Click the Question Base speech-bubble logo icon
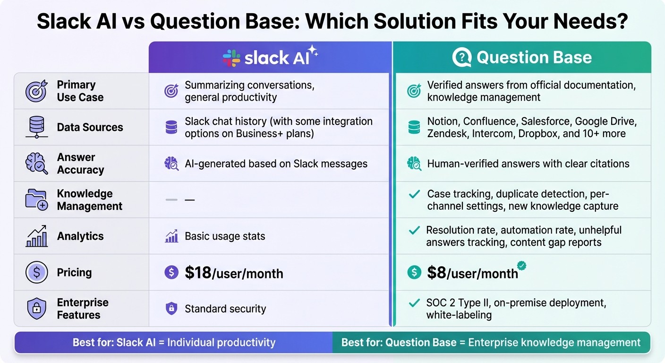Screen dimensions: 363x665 click(x=461, y=58)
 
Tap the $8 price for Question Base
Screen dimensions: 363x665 click(x=436, y=272)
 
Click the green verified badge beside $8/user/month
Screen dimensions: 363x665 click(x=521, y=265)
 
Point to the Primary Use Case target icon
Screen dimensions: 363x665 click(x=36, y=91)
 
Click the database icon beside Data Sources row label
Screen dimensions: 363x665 click(x=36, y=127)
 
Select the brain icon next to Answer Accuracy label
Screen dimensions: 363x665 click(x=36, y=164)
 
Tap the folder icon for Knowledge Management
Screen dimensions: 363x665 click(x=36, y=200)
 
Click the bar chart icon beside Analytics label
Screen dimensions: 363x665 click(x=36, y=236)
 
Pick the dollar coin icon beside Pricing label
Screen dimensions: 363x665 click(x=36, y=273)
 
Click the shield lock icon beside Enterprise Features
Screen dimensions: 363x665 click(x=36, y=309)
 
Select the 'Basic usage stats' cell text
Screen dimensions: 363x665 click(x=225, y=236)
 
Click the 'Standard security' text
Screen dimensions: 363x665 click(x=225, y=309)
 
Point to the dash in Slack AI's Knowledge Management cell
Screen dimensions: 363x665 click(x=189, y=200)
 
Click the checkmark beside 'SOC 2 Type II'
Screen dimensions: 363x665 click(x=414, y=303)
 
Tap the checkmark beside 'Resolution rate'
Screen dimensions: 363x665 click(x=414, y=231)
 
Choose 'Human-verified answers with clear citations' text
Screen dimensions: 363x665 click(x=528, y=164)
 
